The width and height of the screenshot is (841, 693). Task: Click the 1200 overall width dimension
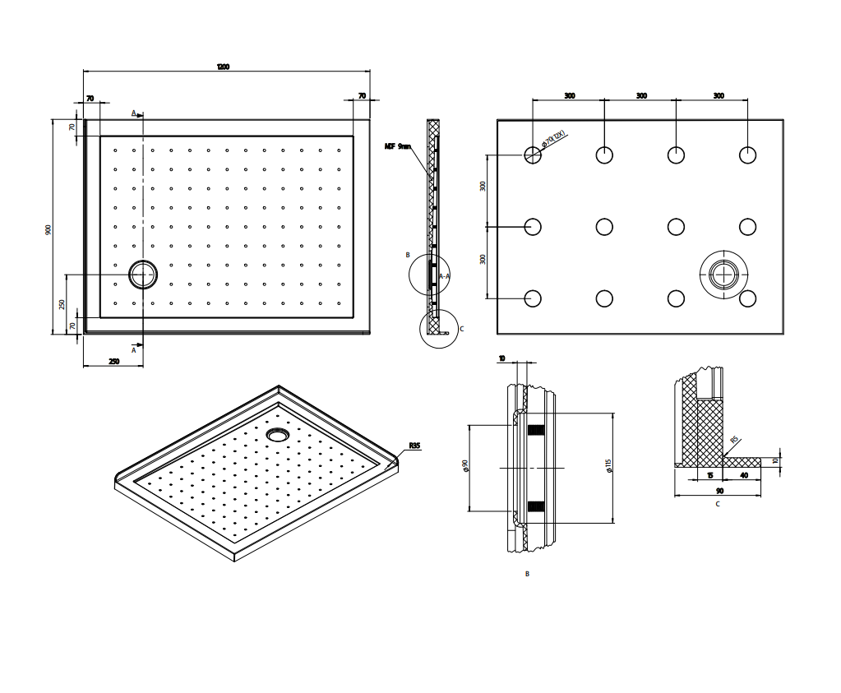[223, 67]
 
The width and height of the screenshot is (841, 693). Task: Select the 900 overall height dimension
[49, 229]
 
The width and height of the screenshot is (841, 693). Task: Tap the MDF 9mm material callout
[397, 146]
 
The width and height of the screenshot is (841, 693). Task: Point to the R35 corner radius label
[414, 446]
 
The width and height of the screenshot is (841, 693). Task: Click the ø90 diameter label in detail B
[465, 465]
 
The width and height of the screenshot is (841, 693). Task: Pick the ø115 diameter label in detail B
[608, 466]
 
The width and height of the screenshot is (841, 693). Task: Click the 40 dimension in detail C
[744, 475]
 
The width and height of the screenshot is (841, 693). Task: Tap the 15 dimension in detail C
[709, 475]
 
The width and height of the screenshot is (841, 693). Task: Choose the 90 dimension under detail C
[717, 491]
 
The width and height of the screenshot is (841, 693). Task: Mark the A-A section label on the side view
[444, 276]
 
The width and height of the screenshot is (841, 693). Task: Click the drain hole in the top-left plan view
[142, 275]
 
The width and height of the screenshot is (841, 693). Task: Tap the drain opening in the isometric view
[277, 432]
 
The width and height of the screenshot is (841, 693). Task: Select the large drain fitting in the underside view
[723, 275]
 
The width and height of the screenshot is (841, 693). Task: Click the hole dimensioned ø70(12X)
[533, 155]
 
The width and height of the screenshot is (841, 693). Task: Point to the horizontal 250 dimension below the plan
[113, 361]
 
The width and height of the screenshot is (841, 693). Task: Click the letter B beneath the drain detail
[527, 574]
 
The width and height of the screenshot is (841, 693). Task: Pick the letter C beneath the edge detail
[717, 504]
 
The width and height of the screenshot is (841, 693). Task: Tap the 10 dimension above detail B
[502, 358]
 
